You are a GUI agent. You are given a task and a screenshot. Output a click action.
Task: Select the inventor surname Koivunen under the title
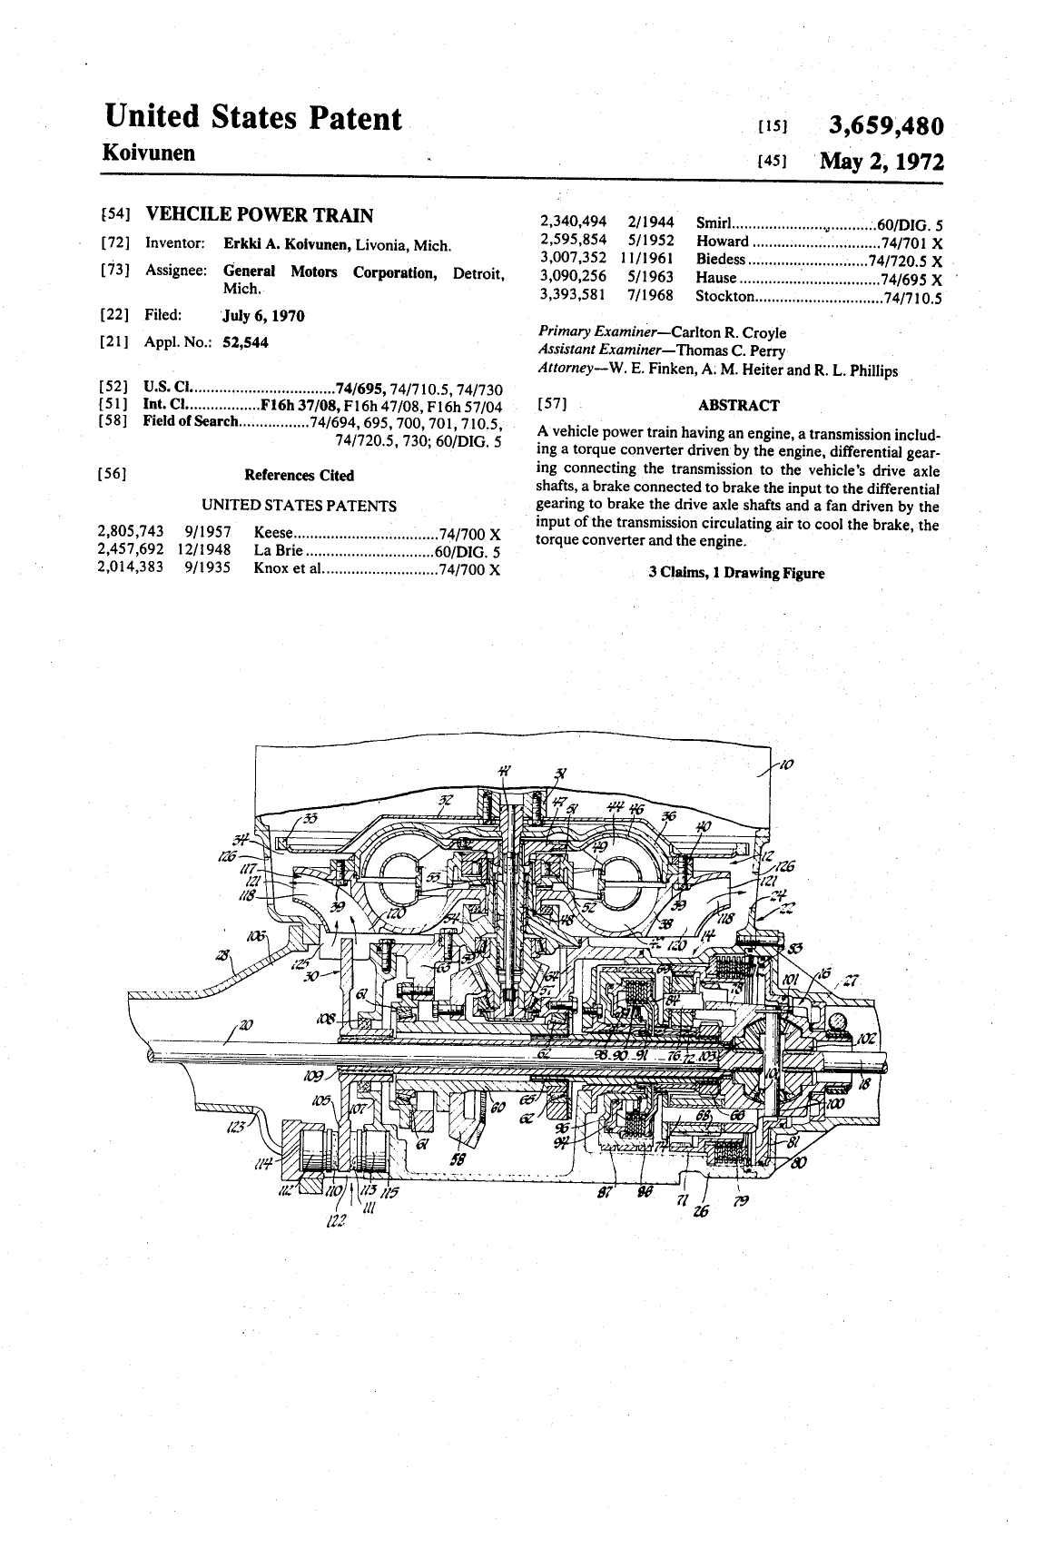tap(149, 152)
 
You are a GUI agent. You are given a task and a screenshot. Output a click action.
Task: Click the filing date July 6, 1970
tap(263, 315)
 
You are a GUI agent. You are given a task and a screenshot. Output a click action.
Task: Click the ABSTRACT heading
tap(738, 405)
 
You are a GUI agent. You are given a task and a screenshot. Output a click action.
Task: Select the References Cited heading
tap(299, 475)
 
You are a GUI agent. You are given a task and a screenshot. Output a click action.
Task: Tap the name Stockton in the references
tap(724, 295)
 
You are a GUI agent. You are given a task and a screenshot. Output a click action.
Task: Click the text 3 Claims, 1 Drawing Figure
tap(736, 573)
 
